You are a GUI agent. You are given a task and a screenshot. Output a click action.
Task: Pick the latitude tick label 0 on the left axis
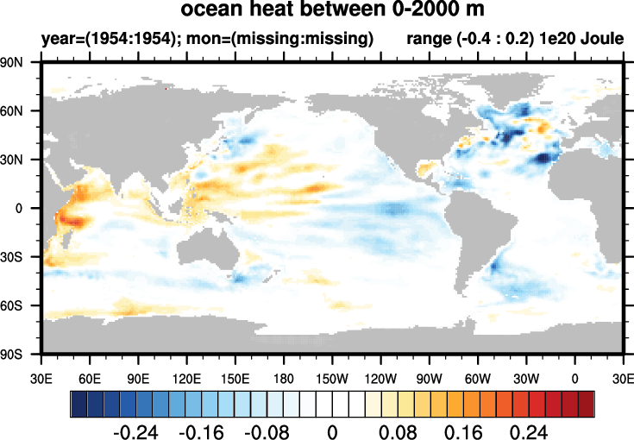tap(25, 209)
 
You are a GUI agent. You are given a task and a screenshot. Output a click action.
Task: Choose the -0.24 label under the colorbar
tap(137, 431)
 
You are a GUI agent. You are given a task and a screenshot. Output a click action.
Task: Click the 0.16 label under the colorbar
tap(461, 431)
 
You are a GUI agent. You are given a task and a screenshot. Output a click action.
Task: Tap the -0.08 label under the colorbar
tap(267, 431)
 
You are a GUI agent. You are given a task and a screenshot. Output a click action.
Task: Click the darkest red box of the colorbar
tap(587, 404)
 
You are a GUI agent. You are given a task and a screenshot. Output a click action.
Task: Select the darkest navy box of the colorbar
tap(78, 404)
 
